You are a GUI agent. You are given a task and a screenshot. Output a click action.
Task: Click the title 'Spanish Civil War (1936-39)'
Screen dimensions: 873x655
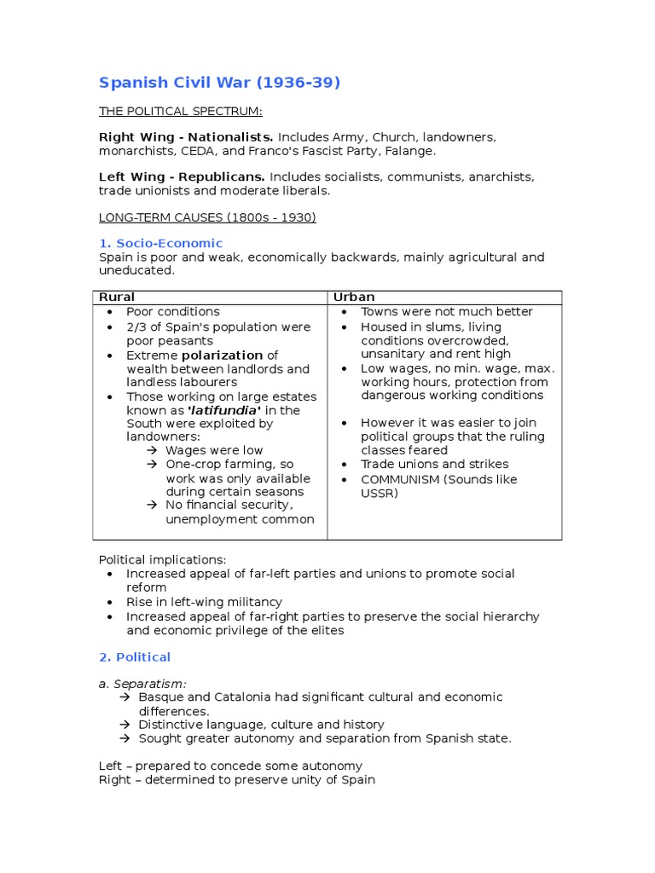pos(219,83)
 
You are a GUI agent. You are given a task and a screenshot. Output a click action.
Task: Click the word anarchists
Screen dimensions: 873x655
pos(499,176)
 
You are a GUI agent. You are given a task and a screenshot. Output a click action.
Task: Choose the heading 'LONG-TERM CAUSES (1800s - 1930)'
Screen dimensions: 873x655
pos(207,217)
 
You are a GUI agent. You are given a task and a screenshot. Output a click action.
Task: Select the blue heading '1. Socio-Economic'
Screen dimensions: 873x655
pos(160,243)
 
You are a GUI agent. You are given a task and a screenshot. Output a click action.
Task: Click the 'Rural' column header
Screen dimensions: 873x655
pos(117,297)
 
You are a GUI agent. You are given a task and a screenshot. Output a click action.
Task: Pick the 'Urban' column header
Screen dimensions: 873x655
pos(354,297)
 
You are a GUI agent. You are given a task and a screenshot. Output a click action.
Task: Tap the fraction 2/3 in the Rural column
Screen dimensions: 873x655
pos(136,327)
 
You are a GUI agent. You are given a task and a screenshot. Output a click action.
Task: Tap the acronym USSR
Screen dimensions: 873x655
pos(380,493)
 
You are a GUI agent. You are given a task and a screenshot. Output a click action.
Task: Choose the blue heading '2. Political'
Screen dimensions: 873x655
pos(135,656)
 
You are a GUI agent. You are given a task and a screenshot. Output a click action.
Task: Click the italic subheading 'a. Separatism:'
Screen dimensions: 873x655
pos(142,684)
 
